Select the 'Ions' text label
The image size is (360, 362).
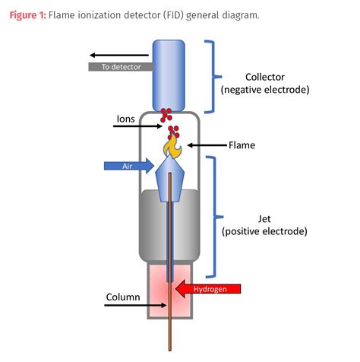126,119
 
